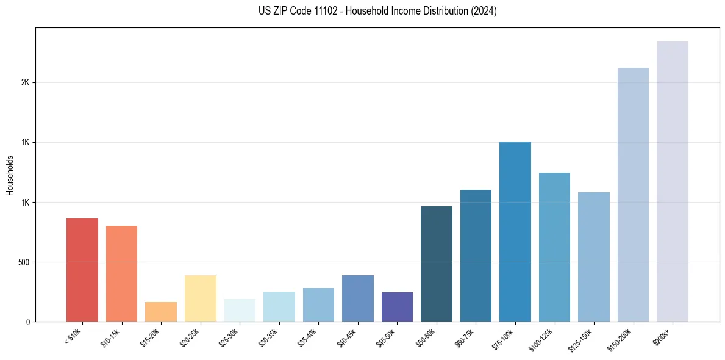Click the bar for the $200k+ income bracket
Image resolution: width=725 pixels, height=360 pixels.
[x=672, y=181]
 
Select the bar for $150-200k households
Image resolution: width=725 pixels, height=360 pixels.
[x=633, y=194]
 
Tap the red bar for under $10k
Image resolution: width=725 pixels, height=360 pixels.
[x=82, y=270]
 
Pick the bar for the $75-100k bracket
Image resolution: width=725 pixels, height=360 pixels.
[x=515, y=231]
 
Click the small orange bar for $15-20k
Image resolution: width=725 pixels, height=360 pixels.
[x=161, y=312]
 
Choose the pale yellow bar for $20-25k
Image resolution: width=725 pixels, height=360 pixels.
[x=201, y=298]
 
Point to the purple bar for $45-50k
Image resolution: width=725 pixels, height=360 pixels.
[x=397, y=307]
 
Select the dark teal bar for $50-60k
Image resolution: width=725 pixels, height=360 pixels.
[x=437, y=264]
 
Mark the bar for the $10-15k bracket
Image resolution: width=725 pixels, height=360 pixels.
[x=121, y=273]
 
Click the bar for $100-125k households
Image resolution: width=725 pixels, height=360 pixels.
[x=554, y=247]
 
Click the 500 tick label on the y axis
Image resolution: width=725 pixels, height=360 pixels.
[x=23, y=262]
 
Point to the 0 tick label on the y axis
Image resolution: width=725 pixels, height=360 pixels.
[x=27, y=322]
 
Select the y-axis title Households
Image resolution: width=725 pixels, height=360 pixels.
[x=10, y=175]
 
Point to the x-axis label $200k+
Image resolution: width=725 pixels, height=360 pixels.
[x=666, y=335]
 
